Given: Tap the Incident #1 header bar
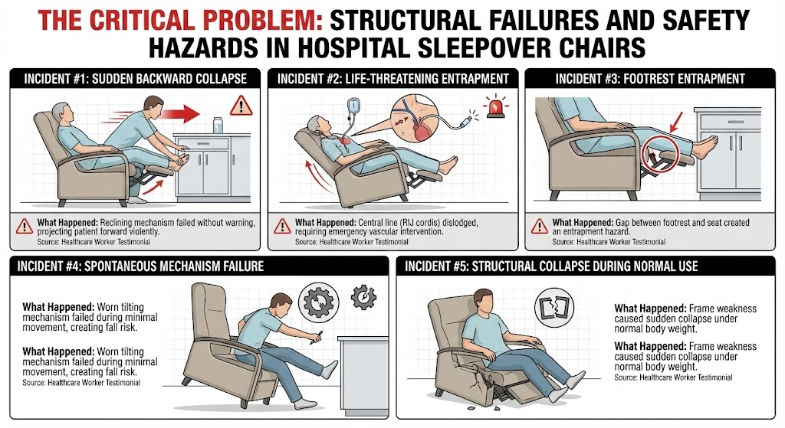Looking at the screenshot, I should [135, 78].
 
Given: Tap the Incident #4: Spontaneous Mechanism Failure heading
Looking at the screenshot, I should [137, 267].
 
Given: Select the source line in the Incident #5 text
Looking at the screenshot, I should [673, 377].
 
